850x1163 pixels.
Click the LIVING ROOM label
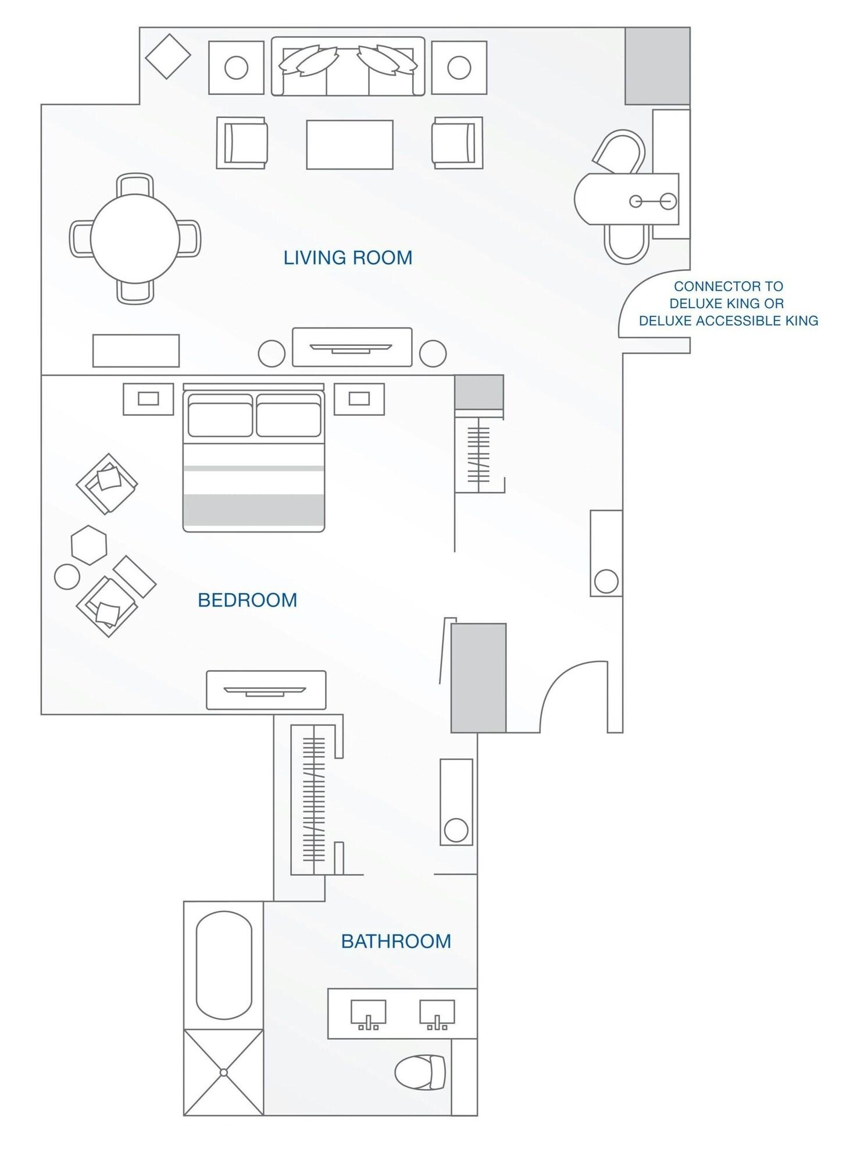pos(348,257)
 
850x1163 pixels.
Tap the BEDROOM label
pos(248,600)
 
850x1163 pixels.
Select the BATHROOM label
pos(396,941)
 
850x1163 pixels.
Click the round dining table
pos(135,238)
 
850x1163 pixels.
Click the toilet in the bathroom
pos(420,1071)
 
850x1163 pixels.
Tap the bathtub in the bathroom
pos(224,965)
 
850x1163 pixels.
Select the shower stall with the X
pos(224,1072)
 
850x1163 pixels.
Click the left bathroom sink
pos(368,1014)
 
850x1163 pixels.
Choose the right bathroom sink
pos(437,1014)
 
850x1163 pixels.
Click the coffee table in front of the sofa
pos(349,144)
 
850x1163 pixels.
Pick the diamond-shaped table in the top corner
pos(167,56)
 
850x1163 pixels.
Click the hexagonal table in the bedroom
pos(89,545)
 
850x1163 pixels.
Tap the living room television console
pos(352,347)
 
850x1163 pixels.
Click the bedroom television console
pos(266,690)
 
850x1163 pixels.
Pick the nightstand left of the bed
pos(148,399)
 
